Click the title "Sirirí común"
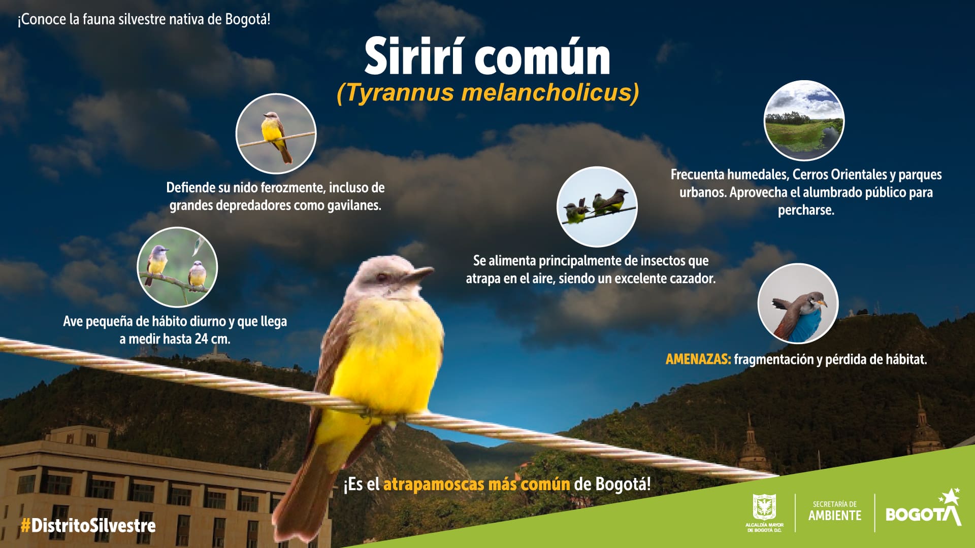(x=487, y=57)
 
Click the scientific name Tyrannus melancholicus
(x=487, y=93)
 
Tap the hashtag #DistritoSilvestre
(x=88, y=526)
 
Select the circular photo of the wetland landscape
(x=804, y=121)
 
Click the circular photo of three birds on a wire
(x=597, y=207)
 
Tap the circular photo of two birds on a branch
(x=177, y=267)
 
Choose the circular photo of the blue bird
(x=797, y=303)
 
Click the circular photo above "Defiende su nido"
(x=276, y=133)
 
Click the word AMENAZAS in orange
(x=698, y=359)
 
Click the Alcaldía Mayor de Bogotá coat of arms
(x=764, y=508)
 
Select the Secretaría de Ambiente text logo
(x=835, y=511)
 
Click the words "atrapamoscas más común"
(x=476, y=484)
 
